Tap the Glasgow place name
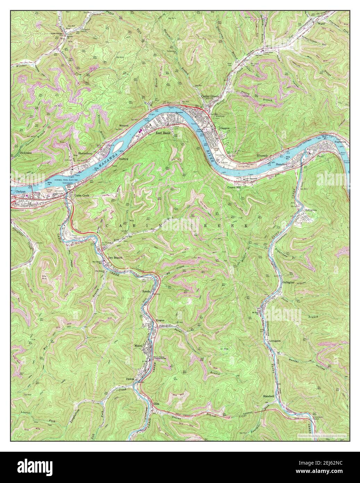(x=225, y=128)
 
